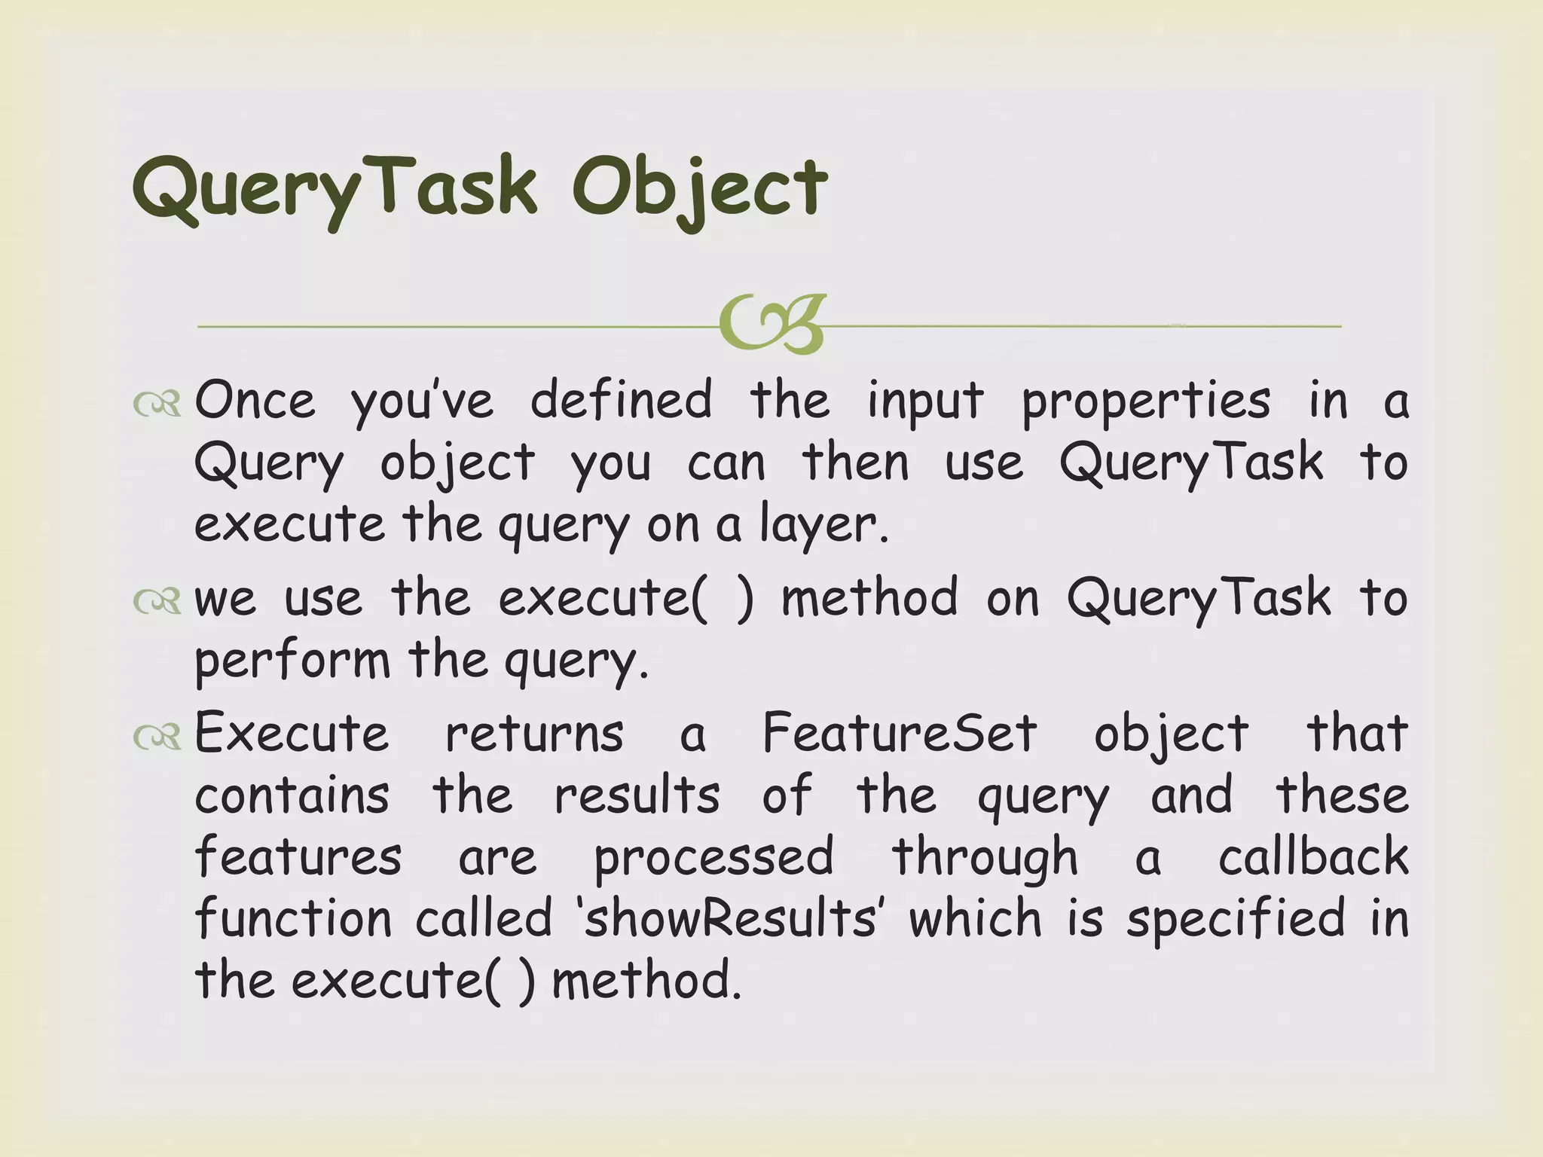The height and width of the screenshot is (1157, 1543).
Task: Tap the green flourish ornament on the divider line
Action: pos(771,325)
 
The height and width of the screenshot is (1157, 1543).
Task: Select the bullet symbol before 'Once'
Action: pos(157,404)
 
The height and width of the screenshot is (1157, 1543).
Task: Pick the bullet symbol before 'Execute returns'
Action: pos(157,737)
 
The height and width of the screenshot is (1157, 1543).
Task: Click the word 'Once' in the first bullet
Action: pos(255,400)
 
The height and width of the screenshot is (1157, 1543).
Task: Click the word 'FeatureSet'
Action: pos(900,733)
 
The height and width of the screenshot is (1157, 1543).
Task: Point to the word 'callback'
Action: pos(1313,857)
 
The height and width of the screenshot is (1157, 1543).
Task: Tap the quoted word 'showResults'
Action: pos(730,919)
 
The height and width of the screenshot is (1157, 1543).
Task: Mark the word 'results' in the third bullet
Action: pos(637,795)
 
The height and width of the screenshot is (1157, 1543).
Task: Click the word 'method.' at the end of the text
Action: pos(647,981)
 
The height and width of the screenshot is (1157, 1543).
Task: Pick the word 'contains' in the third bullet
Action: pos(292,795)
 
